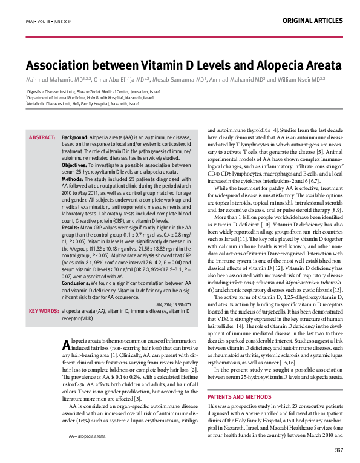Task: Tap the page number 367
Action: pyautogui.click(x=339, y=450)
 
